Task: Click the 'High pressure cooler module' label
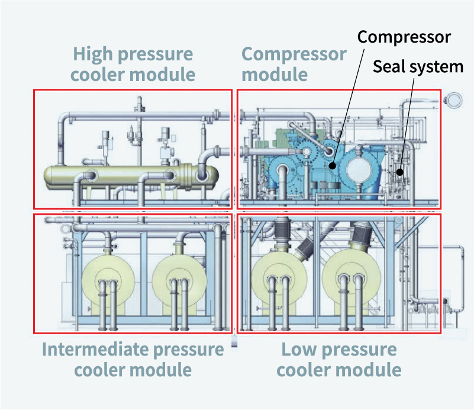(x=133, y=64)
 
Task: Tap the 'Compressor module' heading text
(x=294, y=64)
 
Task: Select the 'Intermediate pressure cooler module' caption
(x=133, y=359)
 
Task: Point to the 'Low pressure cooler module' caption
(x=338, y=359)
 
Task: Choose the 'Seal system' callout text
(x=418, y=66)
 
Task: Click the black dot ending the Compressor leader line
(x=333, y=166)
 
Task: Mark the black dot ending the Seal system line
(x=400, y=173)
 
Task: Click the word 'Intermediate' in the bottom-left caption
(x=95, y=349)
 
